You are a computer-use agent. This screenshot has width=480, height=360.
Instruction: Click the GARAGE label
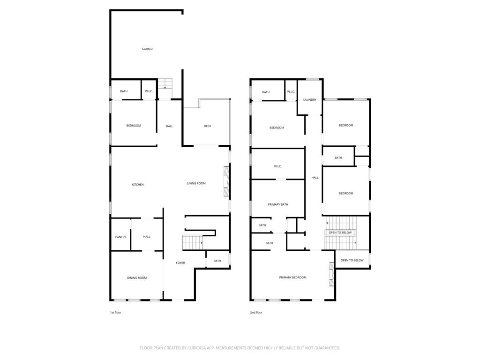[x=147, y=49]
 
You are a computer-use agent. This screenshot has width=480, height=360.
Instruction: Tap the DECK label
[x=207, y=126]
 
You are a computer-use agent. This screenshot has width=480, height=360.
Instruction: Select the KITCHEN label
[x=138, y=185]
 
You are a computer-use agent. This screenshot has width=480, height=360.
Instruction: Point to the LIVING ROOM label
[x=196, y=183]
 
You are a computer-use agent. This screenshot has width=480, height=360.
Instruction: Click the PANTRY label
[x=120, y=237]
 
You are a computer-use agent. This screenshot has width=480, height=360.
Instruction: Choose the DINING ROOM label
[x=137, y=277]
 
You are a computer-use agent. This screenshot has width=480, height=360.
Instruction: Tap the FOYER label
[x=180, y=262]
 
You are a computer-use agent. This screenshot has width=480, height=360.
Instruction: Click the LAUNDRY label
[x=310, y=100]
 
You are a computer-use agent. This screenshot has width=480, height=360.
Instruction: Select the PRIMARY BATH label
[x=278, y=204]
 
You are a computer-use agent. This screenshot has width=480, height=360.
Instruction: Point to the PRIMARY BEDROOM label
[x=292, y=277]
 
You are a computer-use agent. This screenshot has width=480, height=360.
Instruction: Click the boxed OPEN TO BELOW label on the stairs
[x=340, y=232]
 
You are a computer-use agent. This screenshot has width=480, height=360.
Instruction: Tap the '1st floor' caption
[x=115, y=313]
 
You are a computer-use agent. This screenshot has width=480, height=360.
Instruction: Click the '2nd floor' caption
[x=256, y=313]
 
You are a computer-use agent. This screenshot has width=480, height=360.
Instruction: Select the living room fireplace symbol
[x=226, y=181]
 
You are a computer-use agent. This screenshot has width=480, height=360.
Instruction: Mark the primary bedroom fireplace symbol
[x=331, y=274]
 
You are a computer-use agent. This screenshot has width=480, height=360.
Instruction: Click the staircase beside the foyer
[x=193, y=243]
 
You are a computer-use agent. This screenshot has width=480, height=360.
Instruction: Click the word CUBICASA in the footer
[x=198, y=348]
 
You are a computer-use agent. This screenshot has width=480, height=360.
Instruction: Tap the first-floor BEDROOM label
[x=134, y=126]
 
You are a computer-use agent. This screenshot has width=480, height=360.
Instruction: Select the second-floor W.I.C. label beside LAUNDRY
[x=291, y=92]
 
